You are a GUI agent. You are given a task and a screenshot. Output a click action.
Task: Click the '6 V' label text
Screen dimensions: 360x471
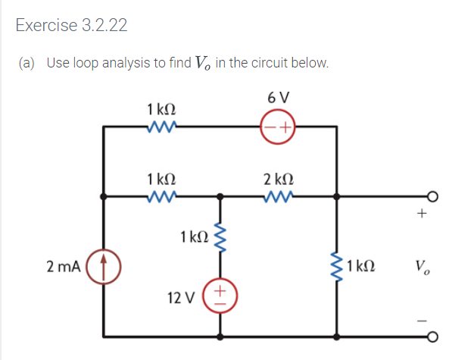(x=279, y=98)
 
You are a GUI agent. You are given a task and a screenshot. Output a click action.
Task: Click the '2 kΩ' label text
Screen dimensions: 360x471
(x=277, y=178)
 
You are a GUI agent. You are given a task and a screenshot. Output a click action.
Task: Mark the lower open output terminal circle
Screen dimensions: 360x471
(x=432, y=337)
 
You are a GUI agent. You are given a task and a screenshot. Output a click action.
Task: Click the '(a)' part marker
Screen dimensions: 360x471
(x=28, y=62)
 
